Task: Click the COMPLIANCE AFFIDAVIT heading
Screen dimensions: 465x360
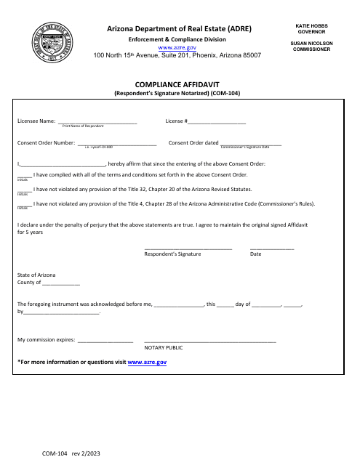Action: click(x=177, y=84)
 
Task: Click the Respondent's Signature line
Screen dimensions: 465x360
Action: click(x=188, y=248)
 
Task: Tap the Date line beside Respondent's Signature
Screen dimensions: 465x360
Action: click(x=272, y=248)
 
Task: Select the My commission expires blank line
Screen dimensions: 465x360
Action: click(x=105, y=341)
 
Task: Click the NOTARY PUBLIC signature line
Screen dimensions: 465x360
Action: click(x=210, y=341)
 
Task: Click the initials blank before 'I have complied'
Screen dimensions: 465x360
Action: click(x=24, y=177)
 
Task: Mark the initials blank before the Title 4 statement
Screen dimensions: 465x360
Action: click(x=24, y=205)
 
